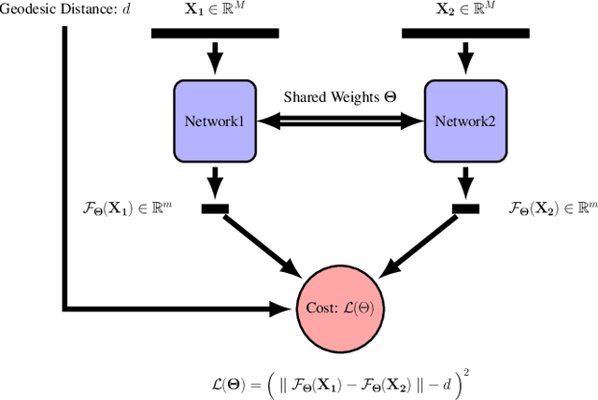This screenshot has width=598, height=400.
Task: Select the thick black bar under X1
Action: pos(215,34)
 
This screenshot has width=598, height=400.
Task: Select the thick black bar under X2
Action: pos(465,34)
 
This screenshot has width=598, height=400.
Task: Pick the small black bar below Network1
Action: pos(215,207)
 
